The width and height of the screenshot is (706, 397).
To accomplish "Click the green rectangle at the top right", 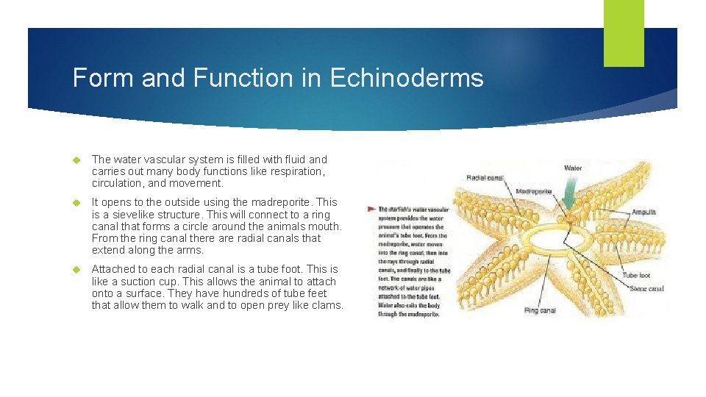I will [x=623, y=32].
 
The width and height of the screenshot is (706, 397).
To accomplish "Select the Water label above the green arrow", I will [x=573, y=168].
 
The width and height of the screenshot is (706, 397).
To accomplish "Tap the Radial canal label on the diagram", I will [x=486, y=177].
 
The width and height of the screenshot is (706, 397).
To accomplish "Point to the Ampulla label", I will [x=643, y=212].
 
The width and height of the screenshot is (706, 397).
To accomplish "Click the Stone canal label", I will [x=646, y=289].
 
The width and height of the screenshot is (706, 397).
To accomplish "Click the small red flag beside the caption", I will [x=371, y=209].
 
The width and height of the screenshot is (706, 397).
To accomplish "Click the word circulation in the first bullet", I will [x=118, y=183].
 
